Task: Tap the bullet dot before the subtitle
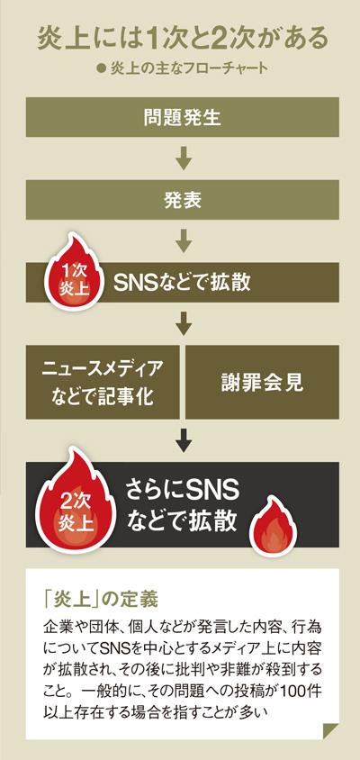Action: point(102,68)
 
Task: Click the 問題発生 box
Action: point(182,117)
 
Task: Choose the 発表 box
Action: point(182,200)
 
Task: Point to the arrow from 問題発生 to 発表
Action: point(183,158)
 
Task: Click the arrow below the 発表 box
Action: point(183,241)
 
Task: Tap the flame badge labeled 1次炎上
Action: point(73,273)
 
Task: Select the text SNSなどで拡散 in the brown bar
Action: point(182,283)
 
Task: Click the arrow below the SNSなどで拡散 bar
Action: point(183,324)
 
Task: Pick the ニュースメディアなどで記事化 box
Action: point(103,383)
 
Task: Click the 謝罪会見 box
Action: point(262,383)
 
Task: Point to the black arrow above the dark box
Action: point(183,440)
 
